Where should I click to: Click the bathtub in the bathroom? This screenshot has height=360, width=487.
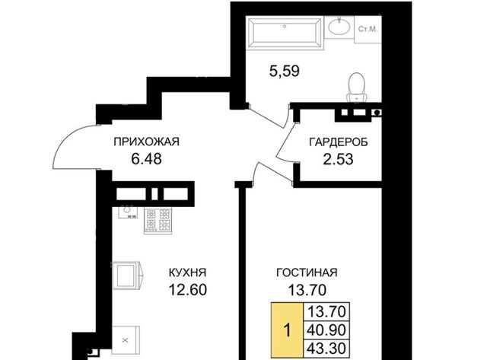point(285,33)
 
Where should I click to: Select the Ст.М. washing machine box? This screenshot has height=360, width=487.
point(368,30)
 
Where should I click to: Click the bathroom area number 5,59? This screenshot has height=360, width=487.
point(284,71)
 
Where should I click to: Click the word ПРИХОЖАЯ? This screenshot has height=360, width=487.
point(147,142)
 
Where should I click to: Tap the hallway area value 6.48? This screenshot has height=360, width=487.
point(146,159)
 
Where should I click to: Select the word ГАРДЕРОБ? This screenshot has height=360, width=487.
point(339,142)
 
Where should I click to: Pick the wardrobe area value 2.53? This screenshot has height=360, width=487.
point(338,159)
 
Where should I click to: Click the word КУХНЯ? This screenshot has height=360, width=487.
point(187,272)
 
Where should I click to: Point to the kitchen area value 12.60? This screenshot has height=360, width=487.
point(188,290)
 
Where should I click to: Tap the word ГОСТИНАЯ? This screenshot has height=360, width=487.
point(307,272)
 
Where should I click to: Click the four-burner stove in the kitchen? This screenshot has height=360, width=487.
point(158,221)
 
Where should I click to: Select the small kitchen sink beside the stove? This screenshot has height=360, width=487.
point(128,212)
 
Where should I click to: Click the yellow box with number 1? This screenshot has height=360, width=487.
point(287,330)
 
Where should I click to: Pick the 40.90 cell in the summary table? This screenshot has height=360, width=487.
point(326,330)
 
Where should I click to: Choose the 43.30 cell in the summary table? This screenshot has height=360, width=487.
point(326,349)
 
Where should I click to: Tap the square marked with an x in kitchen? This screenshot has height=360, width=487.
point(126,339)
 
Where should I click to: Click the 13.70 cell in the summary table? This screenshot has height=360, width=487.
point(326,311)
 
